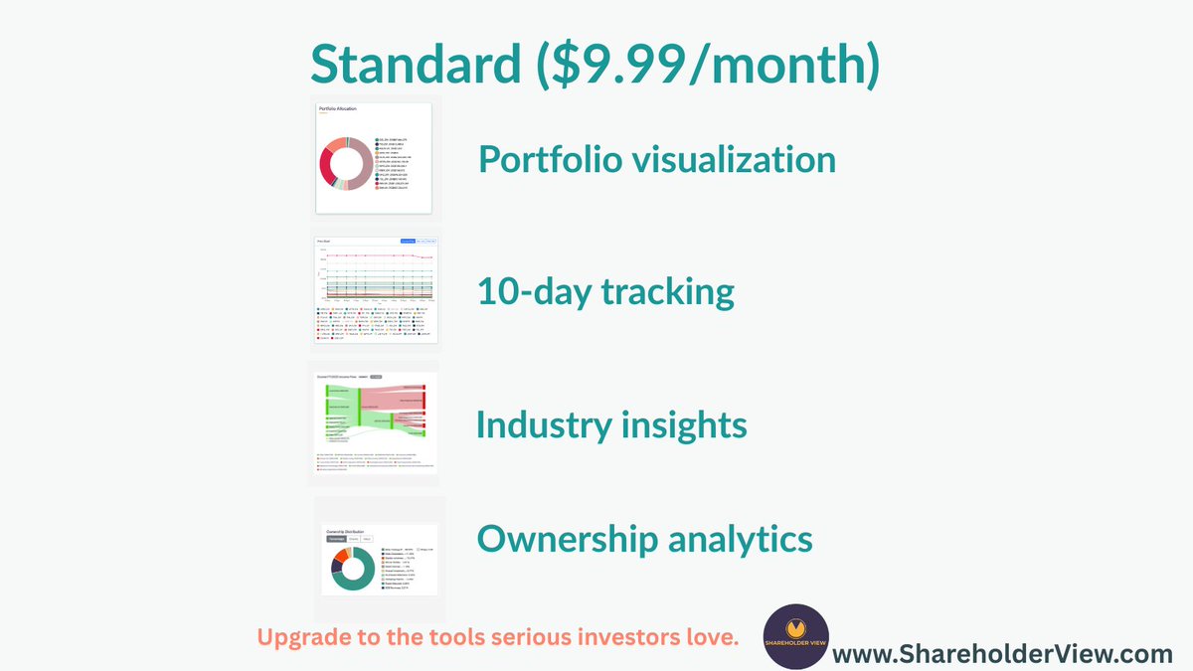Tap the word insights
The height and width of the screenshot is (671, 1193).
tap(687, 425)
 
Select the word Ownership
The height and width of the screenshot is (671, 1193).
tap(567, 539)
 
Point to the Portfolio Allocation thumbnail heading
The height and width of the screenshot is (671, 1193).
tap(337, 108)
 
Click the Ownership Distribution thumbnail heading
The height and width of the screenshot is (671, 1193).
tap(348, 531)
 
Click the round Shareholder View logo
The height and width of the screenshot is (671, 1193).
tap(795, 636)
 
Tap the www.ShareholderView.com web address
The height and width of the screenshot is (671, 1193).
tap(1002, 654)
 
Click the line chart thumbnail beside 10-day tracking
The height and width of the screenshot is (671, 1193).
tap(375, 289)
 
